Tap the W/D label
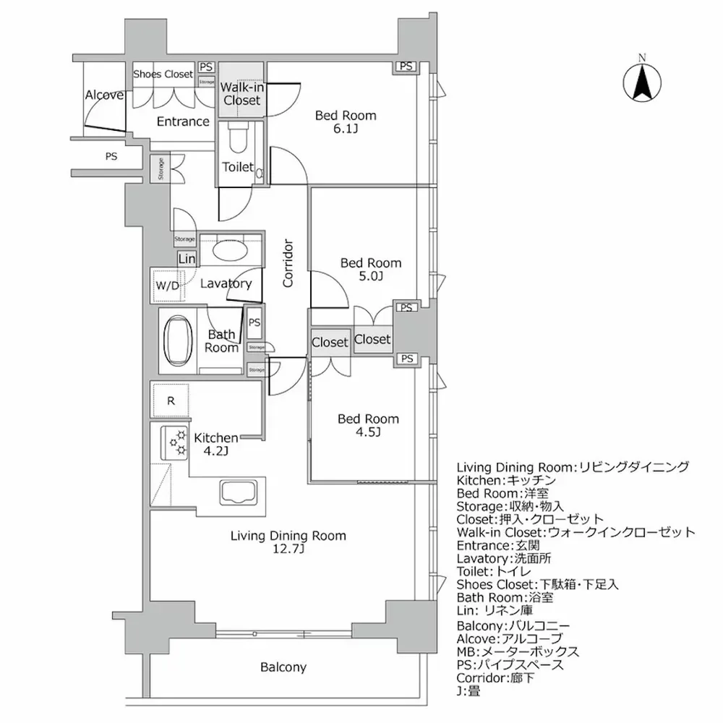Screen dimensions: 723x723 click(x=167, y=285)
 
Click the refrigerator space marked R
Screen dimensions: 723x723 click(x=170, y=401)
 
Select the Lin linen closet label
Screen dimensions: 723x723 click(x=187, y=258)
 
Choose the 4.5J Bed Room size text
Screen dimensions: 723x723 click(x=368, y=432)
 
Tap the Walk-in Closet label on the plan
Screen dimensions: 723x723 click(x=241, y=94)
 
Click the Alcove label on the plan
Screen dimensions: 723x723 click(x=104, y=95)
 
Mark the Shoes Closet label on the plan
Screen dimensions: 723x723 click(x=163, y=74)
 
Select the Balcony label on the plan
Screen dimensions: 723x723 click(x=283, y=667)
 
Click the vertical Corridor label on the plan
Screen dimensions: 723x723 click(x=288, y=263)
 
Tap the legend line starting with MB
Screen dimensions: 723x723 click(x=519, y=651)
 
